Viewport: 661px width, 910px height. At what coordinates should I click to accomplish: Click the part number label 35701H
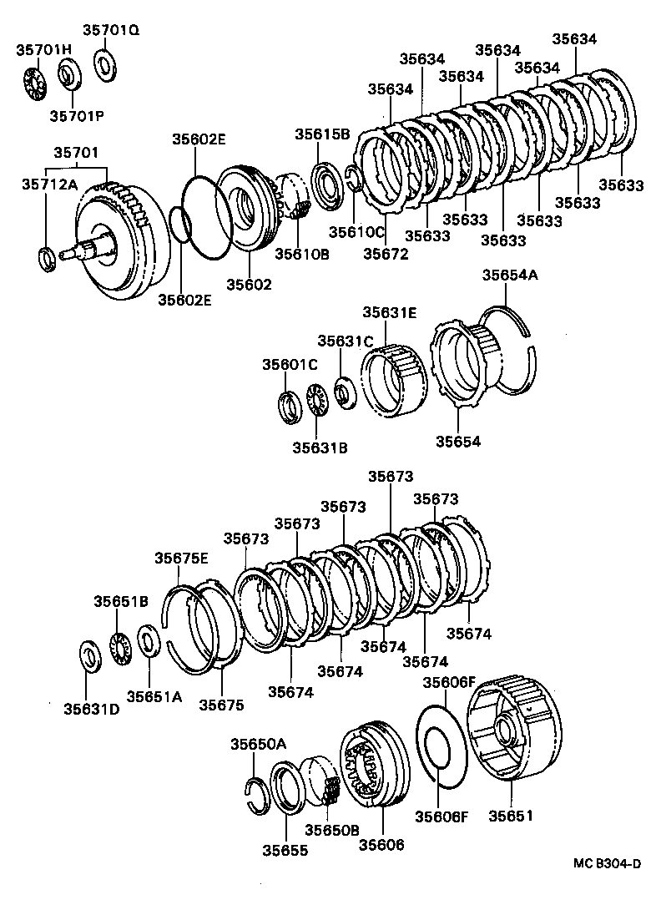click(43, 50)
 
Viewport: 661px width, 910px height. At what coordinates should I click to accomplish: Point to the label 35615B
click(321, 134)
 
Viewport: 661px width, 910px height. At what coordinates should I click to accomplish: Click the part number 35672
click(386, 254)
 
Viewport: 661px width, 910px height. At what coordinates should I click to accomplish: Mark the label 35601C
click(290, 364)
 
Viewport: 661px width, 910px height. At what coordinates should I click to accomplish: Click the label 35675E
click(182, 559)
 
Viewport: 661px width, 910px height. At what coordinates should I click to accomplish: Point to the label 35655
click(285, 850)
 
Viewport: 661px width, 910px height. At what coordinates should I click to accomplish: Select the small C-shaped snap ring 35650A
click(255, 790)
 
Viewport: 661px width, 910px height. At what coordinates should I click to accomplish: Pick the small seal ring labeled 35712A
click(48, 258)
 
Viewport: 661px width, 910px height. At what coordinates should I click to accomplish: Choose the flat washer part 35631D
click(88, 655)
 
